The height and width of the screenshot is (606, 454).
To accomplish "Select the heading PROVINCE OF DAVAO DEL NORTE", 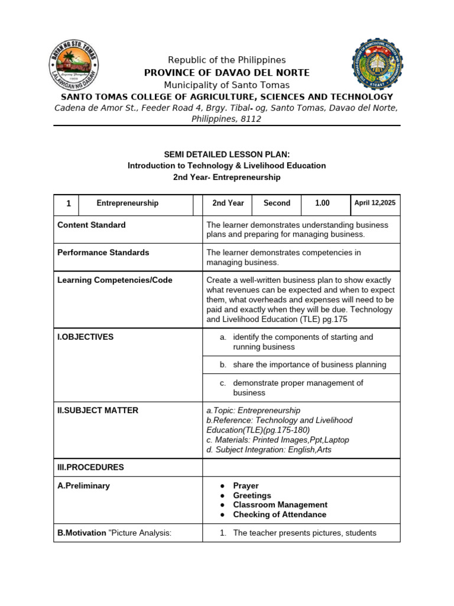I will (227, 73).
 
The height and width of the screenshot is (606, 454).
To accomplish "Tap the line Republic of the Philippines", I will (227, 60).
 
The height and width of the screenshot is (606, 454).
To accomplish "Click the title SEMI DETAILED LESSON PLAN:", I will (227, 154).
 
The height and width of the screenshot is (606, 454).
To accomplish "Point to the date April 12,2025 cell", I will (375, 203).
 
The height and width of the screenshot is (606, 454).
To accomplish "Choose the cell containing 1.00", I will (322, 203).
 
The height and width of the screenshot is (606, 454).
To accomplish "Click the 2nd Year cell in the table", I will (228, 203).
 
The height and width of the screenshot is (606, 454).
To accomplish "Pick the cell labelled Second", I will (277, 203).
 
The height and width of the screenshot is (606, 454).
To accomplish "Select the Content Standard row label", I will (91, 225).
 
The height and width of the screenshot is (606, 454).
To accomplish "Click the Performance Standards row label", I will (103, 253).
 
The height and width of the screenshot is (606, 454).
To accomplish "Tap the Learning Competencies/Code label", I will (115, 281).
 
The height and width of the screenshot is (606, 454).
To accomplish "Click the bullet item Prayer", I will (246, 486).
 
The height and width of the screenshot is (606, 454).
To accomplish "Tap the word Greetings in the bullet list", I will (252, 495).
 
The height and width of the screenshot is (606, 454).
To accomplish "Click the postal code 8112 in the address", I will (251, 119).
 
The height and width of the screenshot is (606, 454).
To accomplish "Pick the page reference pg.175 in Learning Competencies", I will (332, 319).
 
